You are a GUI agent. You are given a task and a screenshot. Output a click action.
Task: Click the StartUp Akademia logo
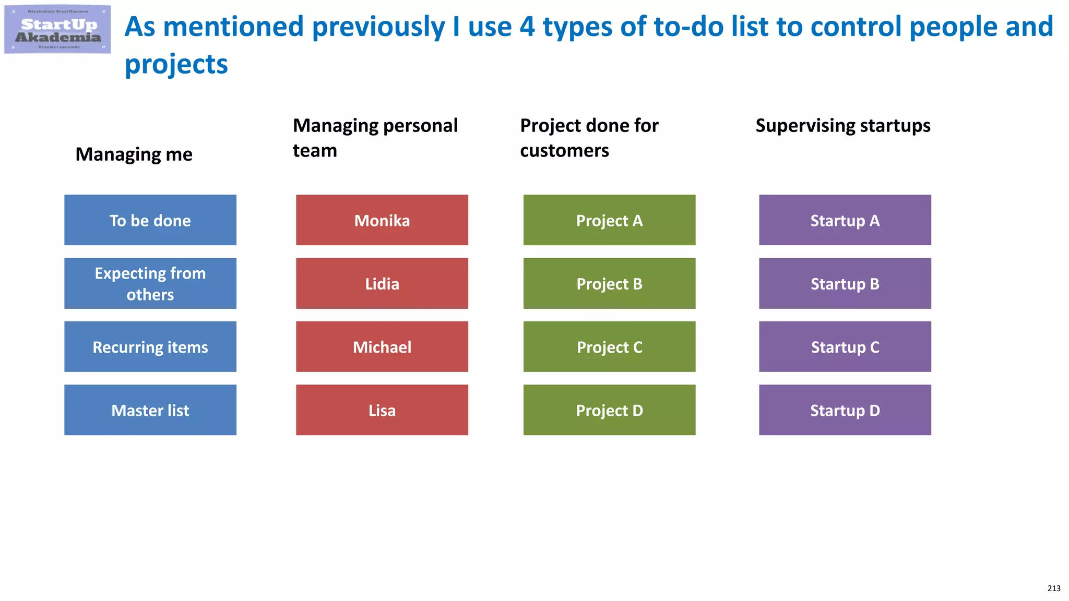tap(57, 29)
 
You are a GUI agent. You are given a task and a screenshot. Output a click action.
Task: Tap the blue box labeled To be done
tap(150, 220)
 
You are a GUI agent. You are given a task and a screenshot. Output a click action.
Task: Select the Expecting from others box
tap(150, 283)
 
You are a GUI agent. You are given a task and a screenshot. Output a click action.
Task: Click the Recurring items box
tap(150, 347)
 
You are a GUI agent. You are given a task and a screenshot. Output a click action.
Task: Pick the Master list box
tap(150, 410)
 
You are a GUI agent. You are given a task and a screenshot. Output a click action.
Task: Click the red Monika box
tap(382, 220)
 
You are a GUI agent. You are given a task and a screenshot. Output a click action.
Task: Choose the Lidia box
tap(382, 283)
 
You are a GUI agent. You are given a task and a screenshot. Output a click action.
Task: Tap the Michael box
tap(382, 347)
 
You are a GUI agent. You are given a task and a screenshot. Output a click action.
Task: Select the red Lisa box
tap(382, 410)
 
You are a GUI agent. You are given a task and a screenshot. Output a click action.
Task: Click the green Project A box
tap(609, 220)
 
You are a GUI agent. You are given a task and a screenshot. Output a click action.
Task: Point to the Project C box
tap(609, 347)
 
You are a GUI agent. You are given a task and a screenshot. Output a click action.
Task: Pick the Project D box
tap(609, 410)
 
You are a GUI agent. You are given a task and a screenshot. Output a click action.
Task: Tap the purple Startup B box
tap(845, 283)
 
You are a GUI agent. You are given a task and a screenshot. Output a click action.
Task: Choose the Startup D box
tap(845, 410)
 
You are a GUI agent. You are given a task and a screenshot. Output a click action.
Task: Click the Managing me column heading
tap(134, 154)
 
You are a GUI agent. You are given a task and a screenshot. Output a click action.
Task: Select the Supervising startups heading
tap(843, 126)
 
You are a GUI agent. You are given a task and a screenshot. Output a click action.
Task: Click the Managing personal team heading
tap(375, 138)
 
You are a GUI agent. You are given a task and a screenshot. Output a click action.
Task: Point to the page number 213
tap(1054, 588)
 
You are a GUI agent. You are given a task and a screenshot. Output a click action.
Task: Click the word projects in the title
tap(176, 65)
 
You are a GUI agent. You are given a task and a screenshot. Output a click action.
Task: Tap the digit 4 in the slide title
tap(527, 27)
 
